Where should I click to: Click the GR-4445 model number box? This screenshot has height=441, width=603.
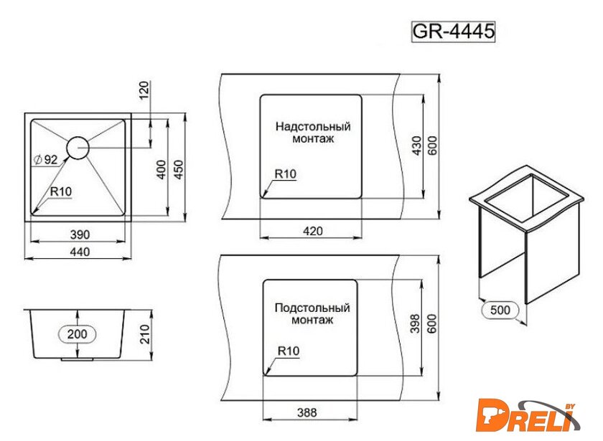453,31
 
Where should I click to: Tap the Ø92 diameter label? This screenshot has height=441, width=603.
45,159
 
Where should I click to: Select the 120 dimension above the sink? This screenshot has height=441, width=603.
144,90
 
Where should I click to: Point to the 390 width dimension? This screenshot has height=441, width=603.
80,234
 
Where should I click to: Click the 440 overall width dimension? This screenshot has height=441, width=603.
80,252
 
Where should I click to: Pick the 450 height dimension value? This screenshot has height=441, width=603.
179,169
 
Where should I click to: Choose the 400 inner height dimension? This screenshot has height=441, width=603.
162,169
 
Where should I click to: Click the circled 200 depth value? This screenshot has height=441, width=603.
78,334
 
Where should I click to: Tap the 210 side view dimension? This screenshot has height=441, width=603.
144,334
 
